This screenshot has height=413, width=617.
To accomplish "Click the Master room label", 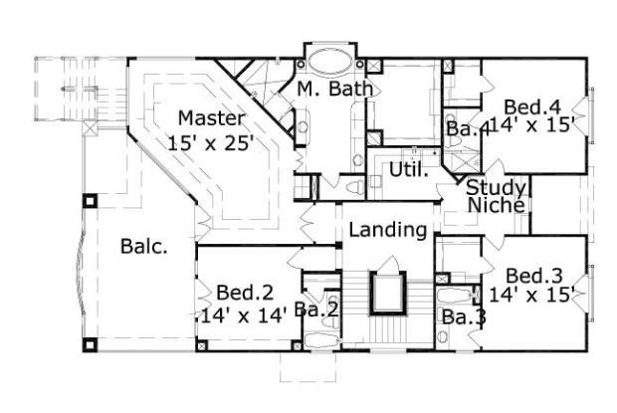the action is coord(211,118).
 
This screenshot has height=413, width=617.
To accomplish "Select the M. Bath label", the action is coord(334,89).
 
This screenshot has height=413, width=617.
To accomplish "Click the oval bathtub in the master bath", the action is coord(329,62).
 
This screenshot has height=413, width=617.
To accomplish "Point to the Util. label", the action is coord(408,169).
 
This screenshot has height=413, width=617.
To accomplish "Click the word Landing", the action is coord(388,229).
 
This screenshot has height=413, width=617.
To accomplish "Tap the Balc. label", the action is coord(143,246).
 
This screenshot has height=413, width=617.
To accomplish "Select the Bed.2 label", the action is coord(245,293).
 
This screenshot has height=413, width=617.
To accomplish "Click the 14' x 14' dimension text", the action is coord(244,315).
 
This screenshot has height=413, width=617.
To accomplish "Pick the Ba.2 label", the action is coord(316,310).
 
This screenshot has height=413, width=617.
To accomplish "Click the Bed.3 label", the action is coord(533,276).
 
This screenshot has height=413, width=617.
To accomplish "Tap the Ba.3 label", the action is coord(464,317).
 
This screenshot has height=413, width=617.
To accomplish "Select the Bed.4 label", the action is coord(532,107).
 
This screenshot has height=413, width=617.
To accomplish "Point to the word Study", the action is coord(496,188).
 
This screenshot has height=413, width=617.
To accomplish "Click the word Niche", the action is coord(497,205).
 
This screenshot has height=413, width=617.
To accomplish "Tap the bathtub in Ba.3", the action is coord(455,295).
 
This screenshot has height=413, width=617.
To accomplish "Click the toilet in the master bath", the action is coord(355,187).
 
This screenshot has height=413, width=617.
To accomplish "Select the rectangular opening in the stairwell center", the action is coord(388,293).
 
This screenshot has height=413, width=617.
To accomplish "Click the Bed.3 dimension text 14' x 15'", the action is coord(532,294).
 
